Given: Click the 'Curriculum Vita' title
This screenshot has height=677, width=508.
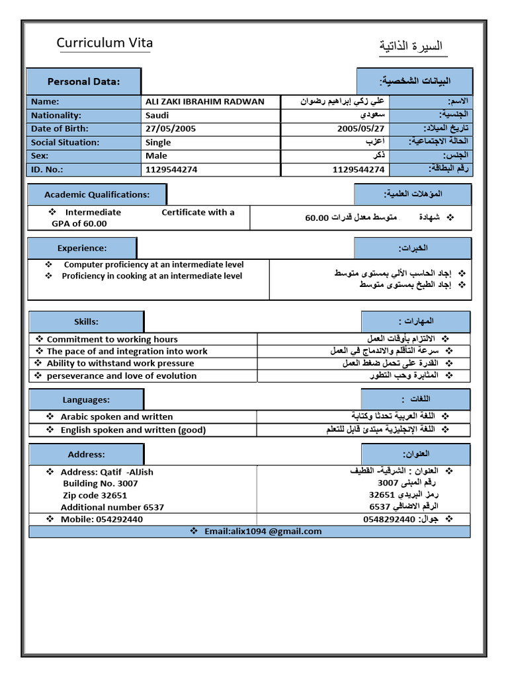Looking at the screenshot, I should click(x=105, y=43).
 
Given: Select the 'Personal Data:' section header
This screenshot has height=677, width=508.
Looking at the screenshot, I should click(x=83, y=81).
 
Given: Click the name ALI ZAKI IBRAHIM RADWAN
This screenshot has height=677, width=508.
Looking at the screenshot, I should click(x=204, y=102).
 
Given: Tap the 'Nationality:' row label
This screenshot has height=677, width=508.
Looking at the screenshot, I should click(x=56, y=115).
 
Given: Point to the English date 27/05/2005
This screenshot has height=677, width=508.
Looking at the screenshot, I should click(x=171, y=129).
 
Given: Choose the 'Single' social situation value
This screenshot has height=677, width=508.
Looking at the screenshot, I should click(x=158, y=142).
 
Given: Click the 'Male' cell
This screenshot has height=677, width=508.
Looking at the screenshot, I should click(x=156, y=155).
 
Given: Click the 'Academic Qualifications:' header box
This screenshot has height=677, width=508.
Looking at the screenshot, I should click(x=97, y=194).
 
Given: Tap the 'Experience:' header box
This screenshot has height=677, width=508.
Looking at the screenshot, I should click(x=81, y=248).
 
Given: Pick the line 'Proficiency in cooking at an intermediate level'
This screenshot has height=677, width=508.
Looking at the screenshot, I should click(x=151, y=276).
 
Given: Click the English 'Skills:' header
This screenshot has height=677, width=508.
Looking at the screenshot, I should click(x=86, y=321).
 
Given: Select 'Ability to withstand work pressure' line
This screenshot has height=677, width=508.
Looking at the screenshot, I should click(x=120, y=364).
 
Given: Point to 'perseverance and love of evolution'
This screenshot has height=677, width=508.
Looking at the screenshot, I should click(x=122, y=376).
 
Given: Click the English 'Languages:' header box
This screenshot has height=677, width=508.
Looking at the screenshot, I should click(x=86, y=399).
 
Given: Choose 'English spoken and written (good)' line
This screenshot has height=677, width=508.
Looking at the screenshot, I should click(x=133, y=430).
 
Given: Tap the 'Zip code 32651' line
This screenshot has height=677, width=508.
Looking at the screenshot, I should click(x=95, y=495).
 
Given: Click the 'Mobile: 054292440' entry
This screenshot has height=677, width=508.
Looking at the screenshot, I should click(x=101, y=519).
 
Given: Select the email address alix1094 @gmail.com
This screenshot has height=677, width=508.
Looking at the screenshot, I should click(x=263, y=531).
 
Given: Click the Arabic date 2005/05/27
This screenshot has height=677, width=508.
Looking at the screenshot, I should click(x=360, y=129).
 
